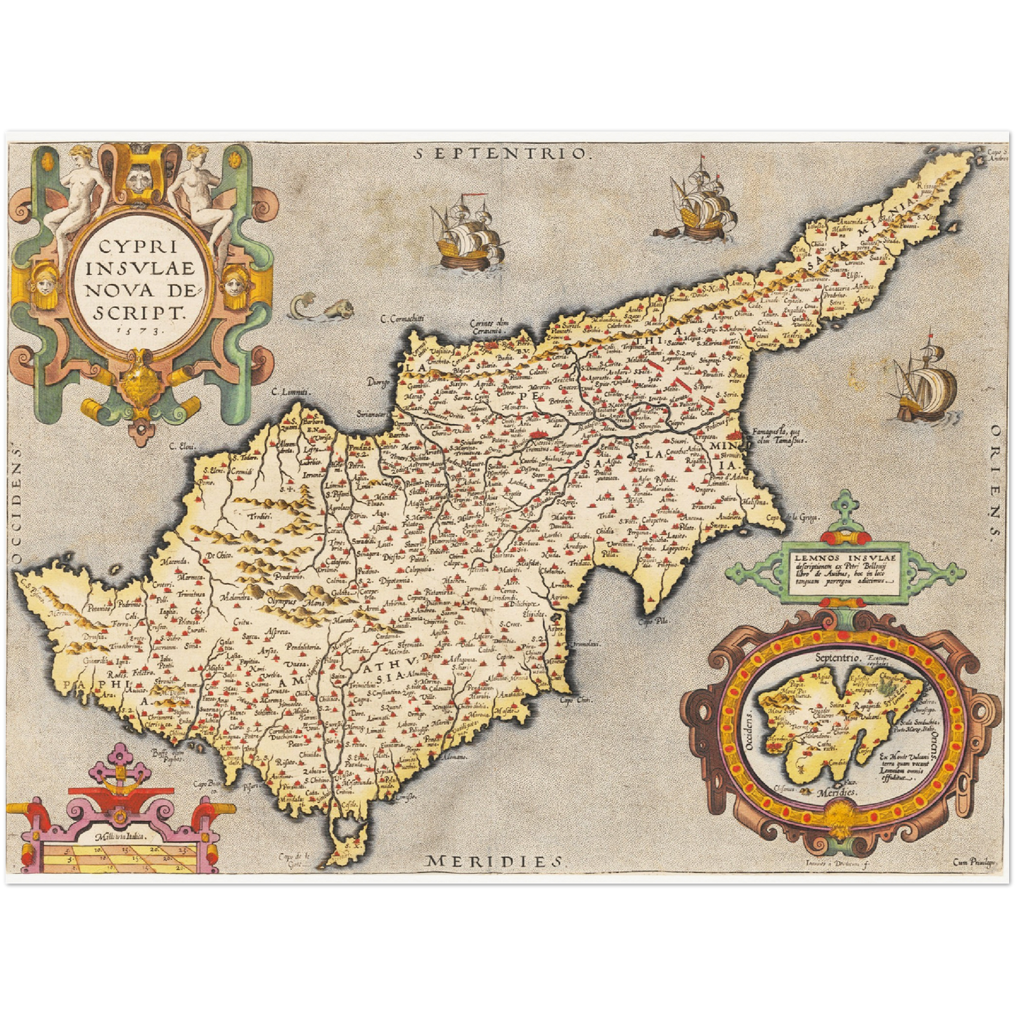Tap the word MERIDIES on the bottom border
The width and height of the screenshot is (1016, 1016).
click(496, 861)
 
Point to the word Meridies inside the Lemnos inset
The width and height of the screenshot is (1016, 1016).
click(837, 792)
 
